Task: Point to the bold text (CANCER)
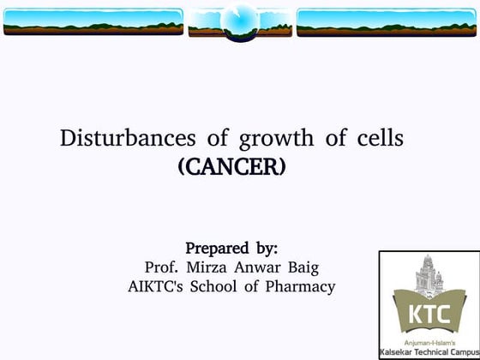click(231, 165)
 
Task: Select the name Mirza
click(213, 267)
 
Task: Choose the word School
click(224, 286)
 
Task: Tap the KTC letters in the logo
click(429, 315)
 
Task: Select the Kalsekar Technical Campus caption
click(429, 352)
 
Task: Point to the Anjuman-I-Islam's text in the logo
click(429, 342)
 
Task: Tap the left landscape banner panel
click(93, 21)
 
